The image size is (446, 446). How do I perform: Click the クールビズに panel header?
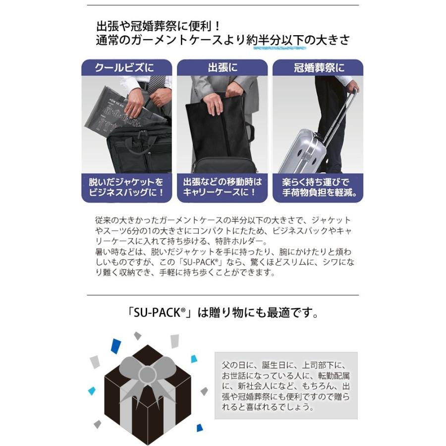tap(126, 67)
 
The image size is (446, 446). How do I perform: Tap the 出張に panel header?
tap(222, 67)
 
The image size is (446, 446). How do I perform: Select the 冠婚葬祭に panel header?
tap(318, 67)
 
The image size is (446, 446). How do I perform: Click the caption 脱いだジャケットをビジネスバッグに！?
tap(126, 187)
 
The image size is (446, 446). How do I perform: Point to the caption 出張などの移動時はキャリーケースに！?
tap(222, 187)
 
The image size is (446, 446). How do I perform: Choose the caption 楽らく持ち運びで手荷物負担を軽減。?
tap(318, 187)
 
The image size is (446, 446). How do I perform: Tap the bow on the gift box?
tap(147, 374)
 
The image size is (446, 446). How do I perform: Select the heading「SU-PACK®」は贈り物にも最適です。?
tap(222, 313)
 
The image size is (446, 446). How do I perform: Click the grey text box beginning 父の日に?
tap(286, 386)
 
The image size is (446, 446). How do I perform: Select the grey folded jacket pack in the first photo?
tap(114, 111)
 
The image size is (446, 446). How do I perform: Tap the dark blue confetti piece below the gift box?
tap(200, 427)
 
